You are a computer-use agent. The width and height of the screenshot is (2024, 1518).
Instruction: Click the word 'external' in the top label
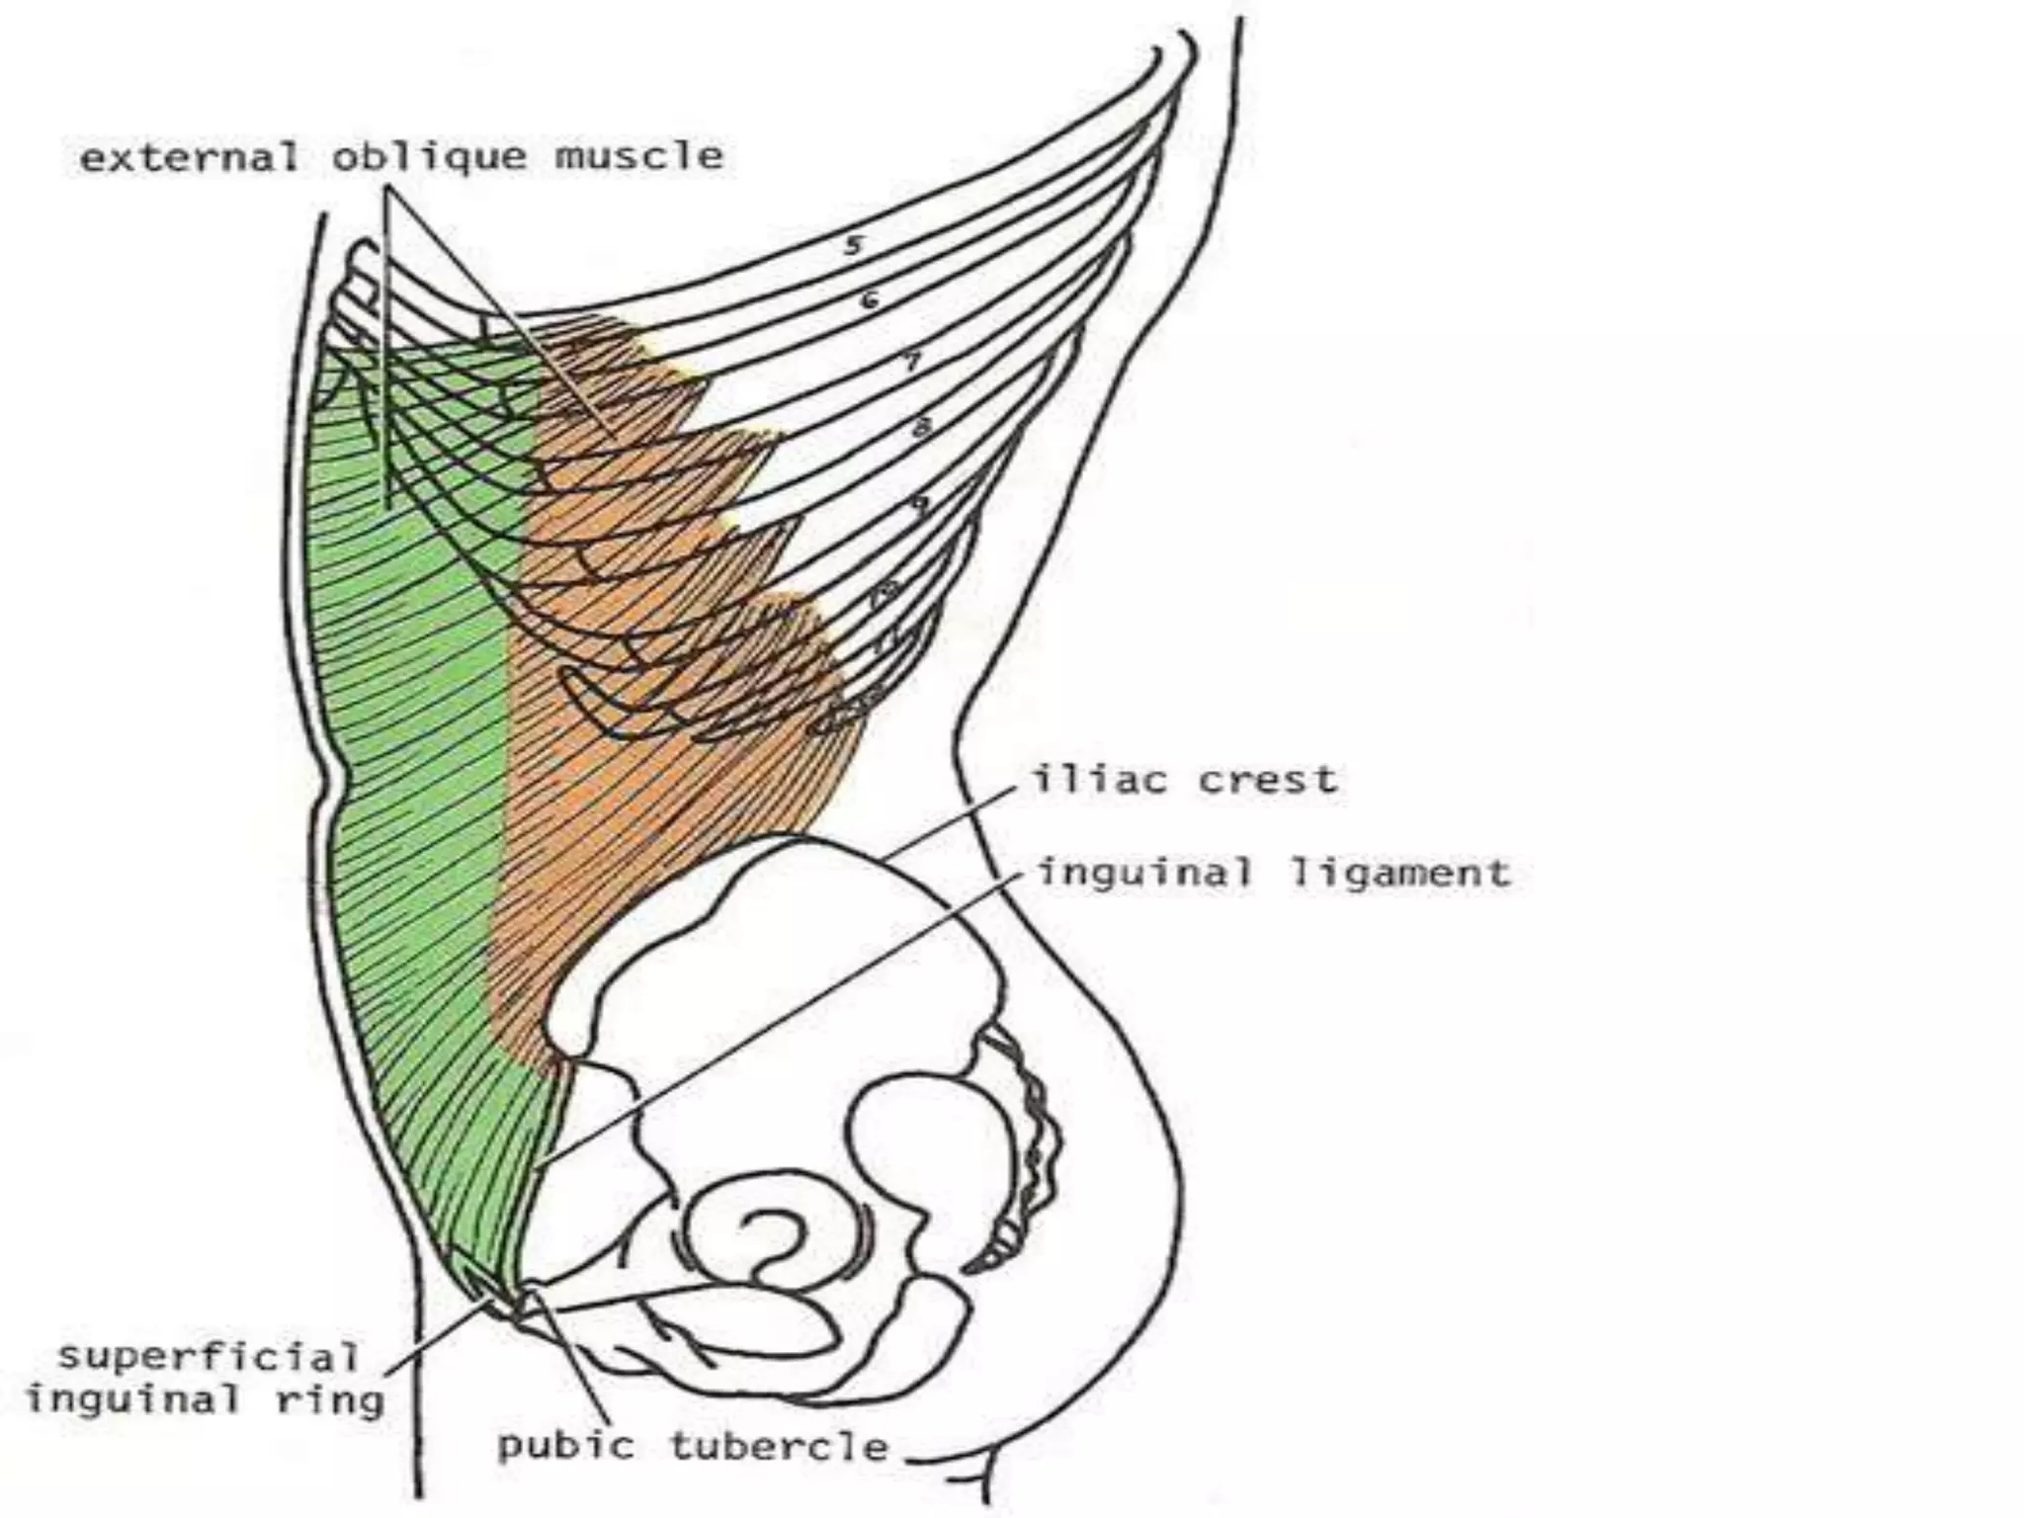point(189,157)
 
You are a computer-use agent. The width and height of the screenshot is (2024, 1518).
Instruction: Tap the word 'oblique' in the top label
point(428,158)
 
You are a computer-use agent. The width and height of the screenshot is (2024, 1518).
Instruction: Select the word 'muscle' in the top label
point(638,157)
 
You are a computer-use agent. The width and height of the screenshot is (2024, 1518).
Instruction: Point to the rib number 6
point(869,298)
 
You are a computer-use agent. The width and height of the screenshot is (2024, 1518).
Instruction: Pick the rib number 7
point(912,362)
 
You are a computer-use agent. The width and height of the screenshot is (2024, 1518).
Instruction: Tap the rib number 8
point(921,428)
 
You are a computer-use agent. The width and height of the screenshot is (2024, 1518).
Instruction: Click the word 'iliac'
point(1097,780)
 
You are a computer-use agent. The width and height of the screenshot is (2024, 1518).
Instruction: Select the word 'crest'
point(1268,780)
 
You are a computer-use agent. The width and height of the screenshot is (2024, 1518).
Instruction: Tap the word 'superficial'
point(208,1356)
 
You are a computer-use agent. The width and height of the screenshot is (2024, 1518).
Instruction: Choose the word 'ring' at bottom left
point(330,1401)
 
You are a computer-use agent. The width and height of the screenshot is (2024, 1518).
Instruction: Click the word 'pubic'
point(564,1447)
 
